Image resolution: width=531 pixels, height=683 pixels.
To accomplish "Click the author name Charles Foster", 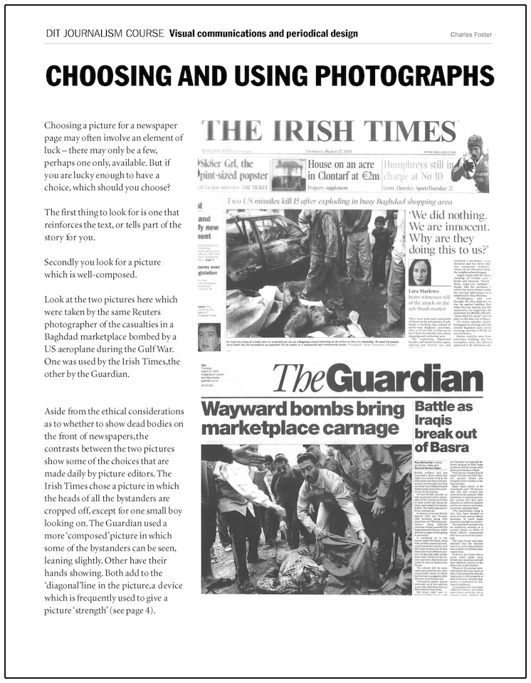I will tap(470, 34).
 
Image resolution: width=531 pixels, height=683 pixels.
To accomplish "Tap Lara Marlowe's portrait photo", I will tap(419, 274).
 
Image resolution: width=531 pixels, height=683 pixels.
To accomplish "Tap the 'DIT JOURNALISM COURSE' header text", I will tap(104, 33).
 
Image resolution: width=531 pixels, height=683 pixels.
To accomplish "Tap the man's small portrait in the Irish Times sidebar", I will tap(209, 337).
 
